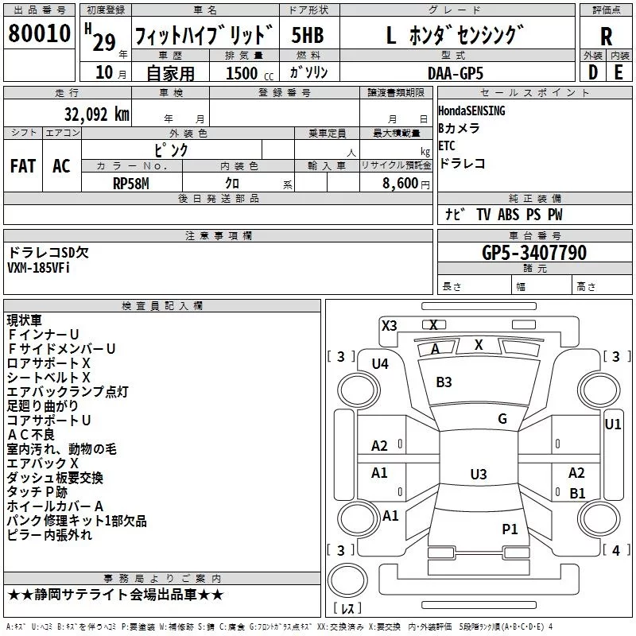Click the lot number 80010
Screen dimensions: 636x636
[39, 33]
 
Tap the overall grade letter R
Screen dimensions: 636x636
[606, 37]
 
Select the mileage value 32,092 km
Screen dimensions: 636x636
[96, 114]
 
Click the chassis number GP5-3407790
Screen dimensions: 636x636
[534, 252]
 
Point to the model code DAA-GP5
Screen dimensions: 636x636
[456, 73]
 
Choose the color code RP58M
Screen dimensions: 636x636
[130, 184]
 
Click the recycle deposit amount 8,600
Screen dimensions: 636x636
[401, 183]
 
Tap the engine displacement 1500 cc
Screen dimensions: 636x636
[250, 73]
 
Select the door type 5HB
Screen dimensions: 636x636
[308, 35]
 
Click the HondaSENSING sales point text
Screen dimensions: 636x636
[471, 111]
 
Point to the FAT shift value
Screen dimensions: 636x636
[23, 166]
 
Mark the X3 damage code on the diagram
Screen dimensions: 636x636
[389, 326]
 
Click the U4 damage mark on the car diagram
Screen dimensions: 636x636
[380, 364]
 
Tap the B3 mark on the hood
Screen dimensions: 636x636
[444, 382]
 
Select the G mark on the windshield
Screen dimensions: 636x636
[502, 419]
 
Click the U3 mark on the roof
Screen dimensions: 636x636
[479, 474]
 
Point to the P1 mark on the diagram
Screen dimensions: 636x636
[510, 529]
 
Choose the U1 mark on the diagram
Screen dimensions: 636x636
[612, 425]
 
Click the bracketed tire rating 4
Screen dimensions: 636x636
[615, 550]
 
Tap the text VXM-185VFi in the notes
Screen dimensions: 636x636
[38, 268]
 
